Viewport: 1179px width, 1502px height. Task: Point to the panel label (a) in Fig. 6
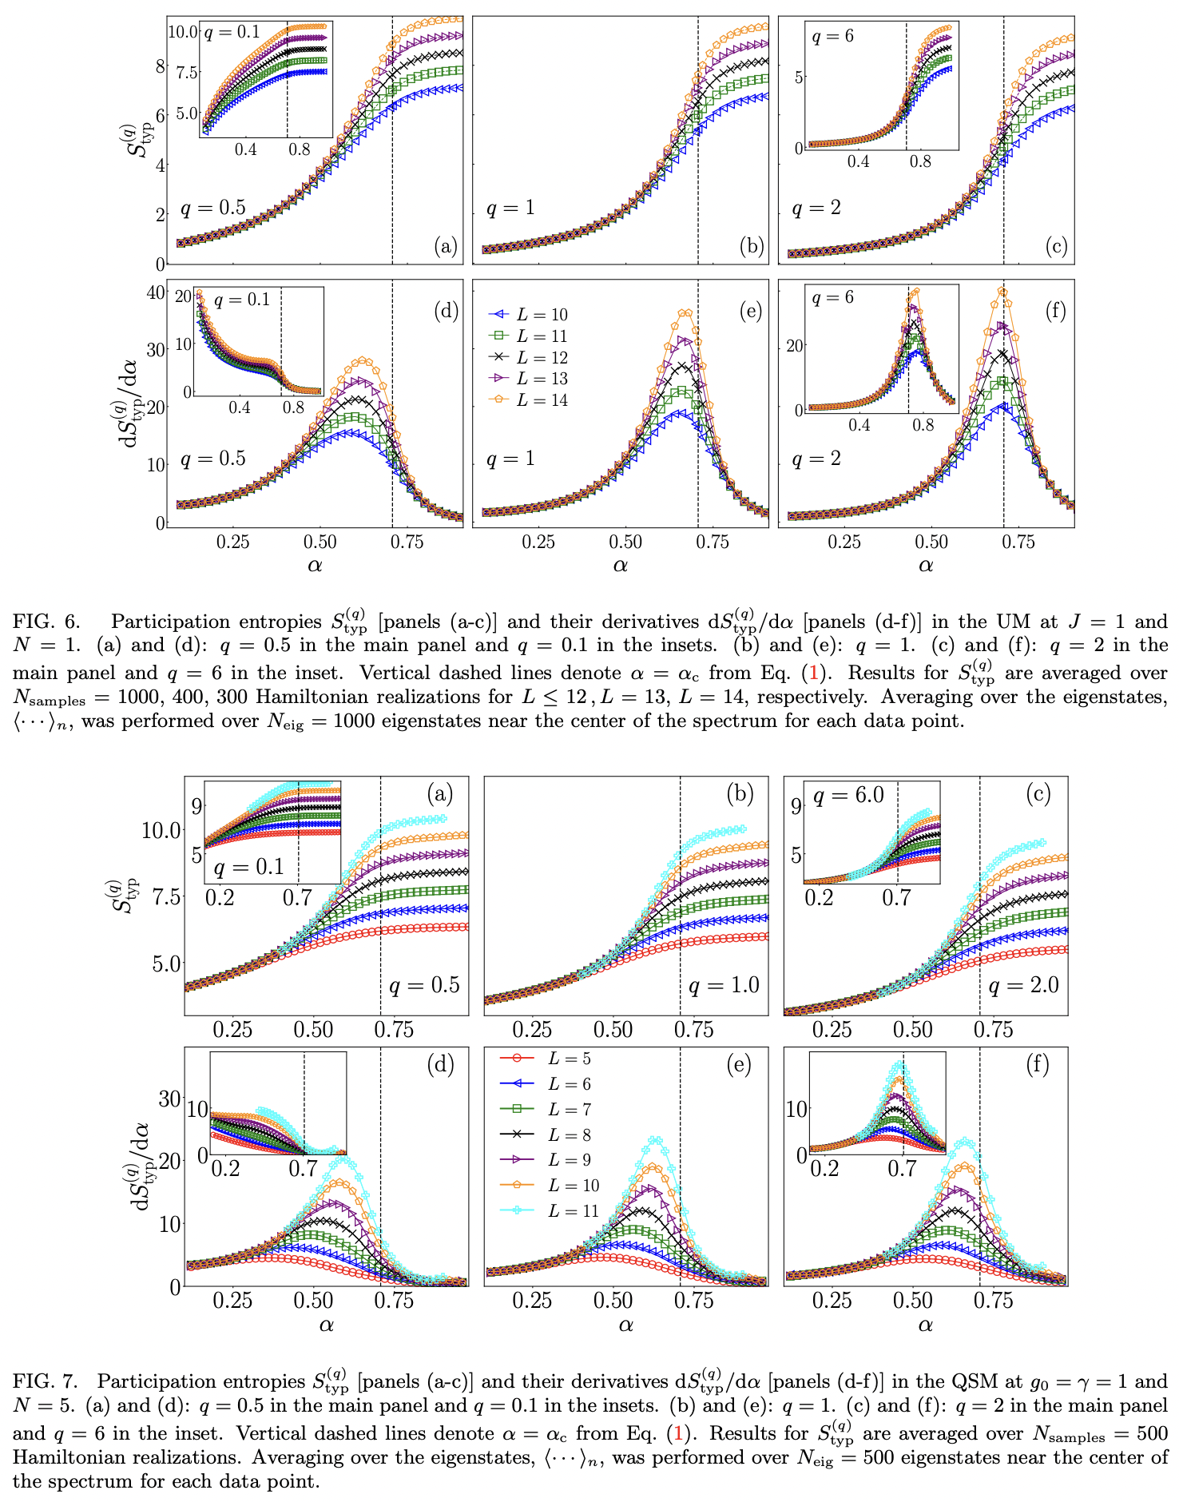pos(446,246)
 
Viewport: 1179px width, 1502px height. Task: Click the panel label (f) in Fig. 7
pos(1037,1065)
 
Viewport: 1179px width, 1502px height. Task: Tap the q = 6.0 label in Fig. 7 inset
pos(848,796)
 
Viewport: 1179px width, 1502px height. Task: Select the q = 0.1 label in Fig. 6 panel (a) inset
pos(232,33)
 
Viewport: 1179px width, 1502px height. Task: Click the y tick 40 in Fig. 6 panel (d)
pos(154,292)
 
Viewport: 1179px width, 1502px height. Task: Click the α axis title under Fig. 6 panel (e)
pos(621,566)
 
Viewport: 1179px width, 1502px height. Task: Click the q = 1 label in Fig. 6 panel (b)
pos(510,209)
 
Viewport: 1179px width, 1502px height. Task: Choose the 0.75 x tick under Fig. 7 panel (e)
pos(693,1300)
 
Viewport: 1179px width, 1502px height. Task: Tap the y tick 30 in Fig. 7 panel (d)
pos(169,1099)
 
